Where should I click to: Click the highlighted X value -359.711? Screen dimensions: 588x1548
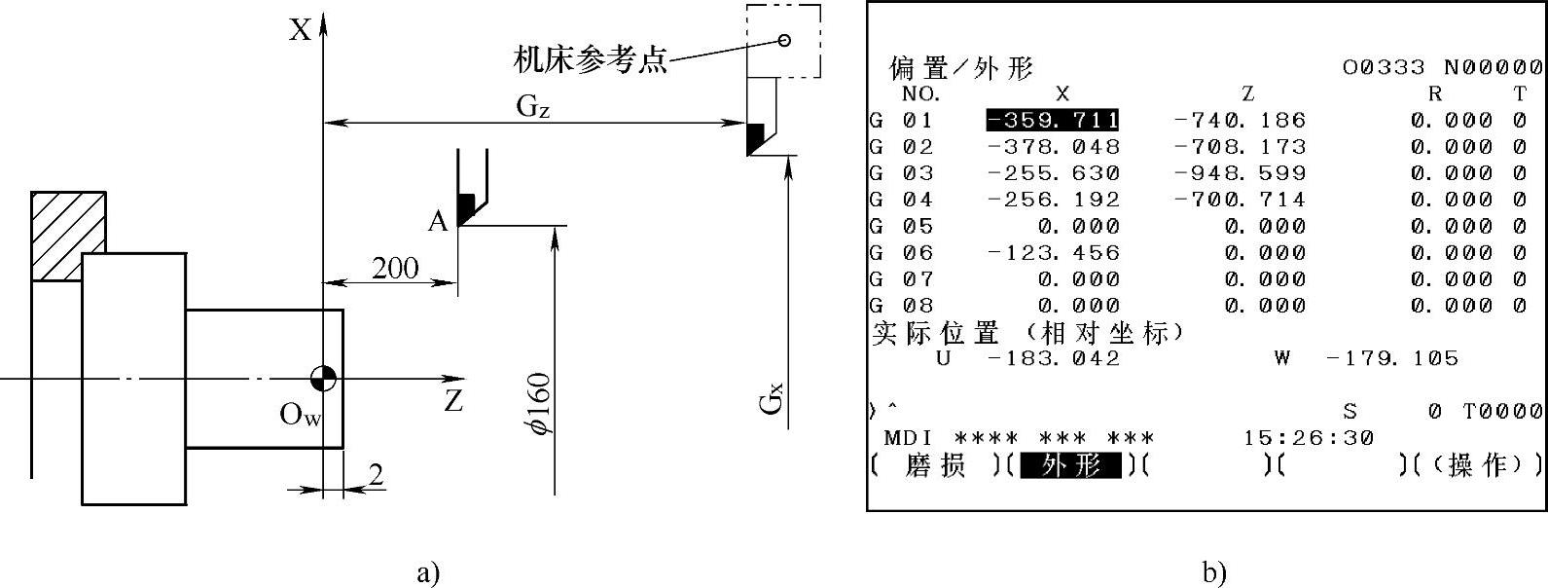pyautogui.click(x=1052, y=121)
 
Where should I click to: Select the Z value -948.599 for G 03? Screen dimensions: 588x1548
pyautogui.click(x=1240, y=173)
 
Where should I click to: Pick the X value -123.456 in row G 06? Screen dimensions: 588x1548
pyautogui.click(x=1053, y=253)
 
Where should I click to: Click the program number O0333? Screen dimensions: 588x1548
pyautogui.click(x=1383, y=67)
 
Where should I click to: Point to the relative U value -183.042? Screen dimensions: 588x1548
pyautogui.click(x=1053, y=358)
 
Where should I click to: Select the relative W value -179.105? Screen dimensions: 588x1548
pyautogui.click(x=1392, y=358)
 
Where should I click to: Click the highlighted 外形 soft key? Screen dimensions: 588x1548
pyautogui.click(x=1070, y=466)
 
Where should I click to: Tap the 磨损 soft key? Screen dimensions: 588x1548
pyautogui.click(x=934, y=466)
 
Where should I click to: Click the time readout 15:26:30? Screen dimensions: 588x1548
pyautogui.click(x=1308, y=438)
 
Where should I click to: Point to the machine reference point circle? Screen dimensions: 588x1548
pyautogui.click(x=784, y=40)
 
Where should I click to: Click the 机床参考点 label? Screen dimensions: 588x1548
pyautogui.click(x=591, y=60)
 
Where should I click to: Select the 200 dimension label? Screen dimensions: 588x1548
pyautogui.click(x=395, y=268)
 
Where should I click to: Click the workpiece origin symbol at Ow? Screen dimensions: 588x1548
pyautogui.click(x=324, y=378)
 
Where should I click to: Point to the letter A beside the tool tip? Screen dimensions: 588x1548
pyautogui.click(x=438, y=223)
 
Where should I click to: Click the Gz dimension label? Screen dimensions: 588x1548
pyautogui.click(x=532, y=107)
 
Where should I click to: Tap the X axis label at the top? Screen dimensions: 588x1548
pyautogui.click(x=300, y=31)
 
